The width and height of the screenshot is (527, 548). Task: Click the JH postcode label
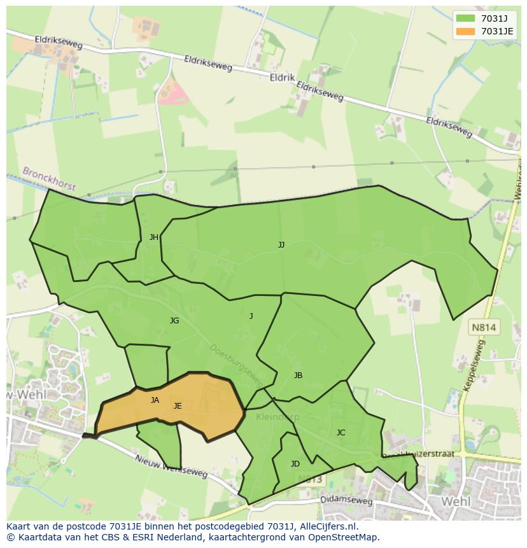click(154, 237)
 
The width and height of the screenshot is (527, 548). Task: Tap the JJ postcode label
click(281, 245)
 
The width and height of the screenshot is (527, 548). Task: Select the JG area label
click(174, 321)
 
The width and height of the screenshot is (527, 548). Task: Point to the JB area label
click(298, 376)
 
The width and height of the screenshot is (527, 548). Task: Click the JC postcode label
click(341, 433)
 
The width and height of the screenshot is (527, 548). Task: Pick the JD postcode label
click(295, 464)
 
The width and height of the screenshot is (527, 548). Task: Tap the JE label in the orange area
click(178, 406)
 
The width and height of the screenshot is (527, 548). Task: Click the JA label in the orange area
click(155, 400)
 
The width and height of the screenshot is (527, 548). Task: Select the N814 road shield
click(484, 328)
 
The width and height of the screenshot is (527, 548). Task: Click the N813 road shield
click(309, 479)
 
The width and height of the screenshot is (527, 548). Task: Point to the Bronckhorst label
click(49, 179)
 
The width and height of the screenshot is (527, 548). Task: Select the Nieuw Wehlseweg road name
click(171, 466)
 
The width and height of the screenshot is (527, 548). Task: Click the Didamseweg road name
click(347, 501)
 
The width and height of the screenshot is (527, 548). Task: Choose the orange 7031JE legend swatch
click(465, 31)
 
